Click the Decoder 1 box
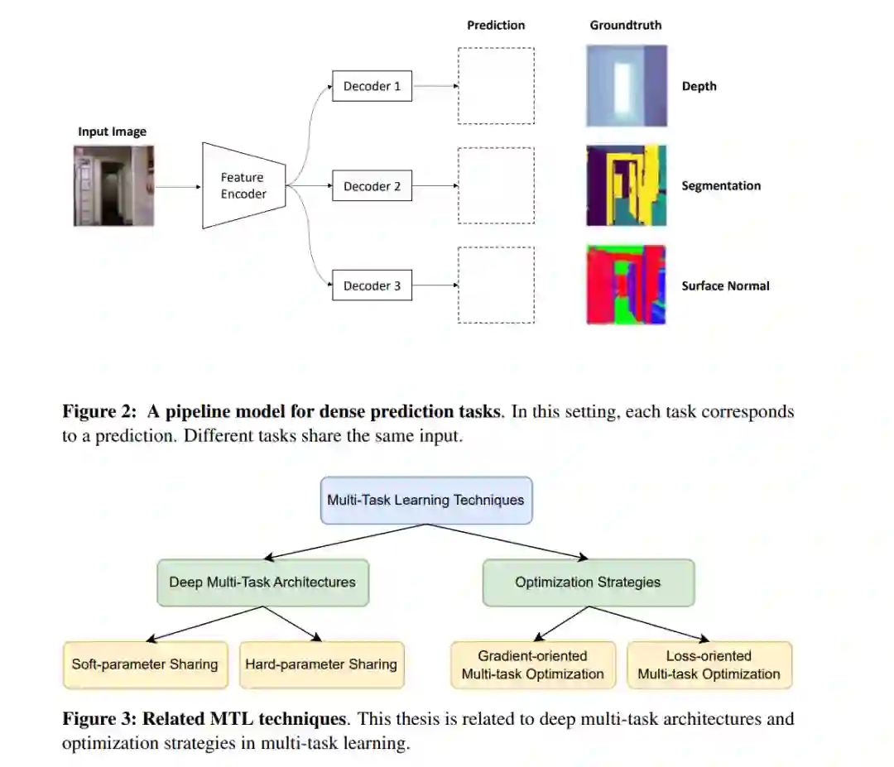pyautogui.click(x=372, y=86)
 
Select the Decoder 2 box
pyautogui.click(x=372, y=186)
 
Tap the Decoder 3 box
pyautogui.click(x=372, y=286)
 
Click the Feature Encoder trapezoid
pyautogui.click(x=243, y=185)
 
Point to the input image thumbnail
pyautogui.click(x=113, y=186)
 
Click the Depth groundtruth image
pyautogui.click(x=626, y=86)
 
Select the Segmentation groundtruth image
pyautogui.click(x=626, y=186)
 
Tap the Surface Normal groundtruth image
pyautogui.click(x=626, y=284)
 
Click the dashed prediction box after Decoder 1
pyautogui.click(x=496, y=86)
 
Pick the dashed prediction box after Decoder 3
pyautogui.click(x=496, y=284)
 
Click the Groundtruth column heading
pyautogui.click(x=625, y=26)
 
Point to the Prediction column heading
pyautogui.click(x=495, y=26)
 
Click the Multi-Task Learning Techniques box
pyautogui.click(x=425, y=500)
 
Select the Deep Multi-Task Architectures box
pyautogui.click(x=262, y=582)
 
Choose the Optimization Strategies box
pyautogui.click(x=588, y=582)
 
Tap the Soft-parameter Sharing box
pyautogui.click(x=145, y=664)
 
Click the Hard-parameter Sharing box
pyautogui.click(x=321, y=664)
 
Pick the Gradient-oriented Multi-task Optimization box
pyautogui.click(x=533, y=664)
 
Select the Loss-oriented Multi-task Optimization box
pyautogui.click(x=709, y=664)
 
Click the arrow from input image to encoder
pyautogui.click(x=177, y=186)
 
